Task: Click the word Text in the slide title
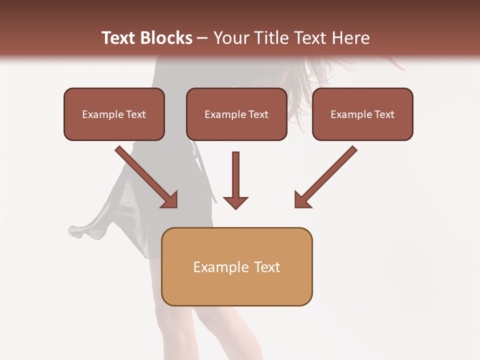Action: pyautogui.click(x=118, y=38)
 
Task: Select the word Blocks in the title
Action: pyautogui.click(x=166, y=38)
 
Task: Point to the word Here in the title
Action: pyautogui.click(x=350, y=38)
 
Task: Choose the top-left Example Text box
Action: pyautogui.click(x=114, y=114)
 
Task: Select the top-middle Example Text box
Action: pyautogui.click(x=236, y=114)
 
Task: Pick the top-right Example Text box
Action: pyautogui.click(x=362, y=114)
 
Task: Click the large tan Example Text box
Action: pyautogui.click(x=236, y=267)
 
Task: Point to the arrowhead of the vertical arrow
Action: pyautogui.click(x=235, y=202)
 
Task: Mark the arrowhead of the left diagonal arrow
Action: pyautogui.click(x=170, y=200)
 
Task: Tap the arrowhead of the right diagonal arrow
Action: pyautogui.click(x=301, y=200)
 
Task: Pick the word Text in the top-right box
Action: pyautogui.click(x=384, y=114)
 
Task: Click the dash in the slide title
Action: pyautogui.click(x=202, y=38)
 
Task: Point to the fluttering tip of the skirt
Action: pyautogui.click(x=75, y=231)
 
